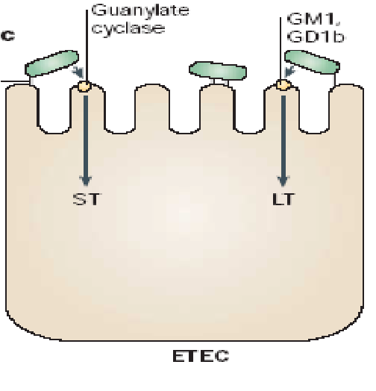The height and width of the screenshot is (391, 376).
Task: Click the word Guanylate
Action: pyautogui.click(x=140, y=11)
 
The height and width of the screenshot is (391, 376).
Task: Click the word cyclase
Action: pyautogui.click(x=128, y=28)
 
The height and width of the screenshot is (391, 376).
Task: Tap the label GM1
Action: pyautogui.click(x=313, y=19)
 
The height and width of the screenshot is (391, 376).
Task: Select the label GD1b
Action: pyautogui.click(x=316, y=37)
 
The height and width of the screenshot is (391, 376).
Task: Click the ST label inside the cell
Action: pyautogui.click(x=87, y=198)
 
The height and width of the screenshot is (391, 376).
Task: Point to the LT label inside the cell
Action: pyautogui.click(x=283, y=198)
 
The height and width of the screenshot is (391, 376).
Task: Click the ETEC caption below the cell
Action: pyautogui.click(x=201, y=356)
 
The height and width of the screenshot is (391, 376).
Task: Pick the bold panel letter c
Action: pyautogui.click(x=7, y=36)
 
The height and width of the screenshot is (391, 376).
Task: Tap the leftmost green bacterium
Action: pyautogui.click(x=51, y=63)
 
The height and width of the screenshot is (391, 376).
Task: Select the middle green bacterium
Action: pyautogui.click(x=218, y=71)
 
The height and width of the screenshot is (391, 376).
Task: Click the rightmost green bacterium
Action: pyautogui.click(x=312, y=62)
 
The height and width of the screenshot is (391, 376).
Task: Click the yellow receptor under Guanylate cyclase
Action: pyautogui.click(x=84, y=86)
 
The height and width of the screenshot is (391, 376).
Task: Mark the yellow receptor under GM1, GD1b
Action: pyautogui.click(x=283, y=85)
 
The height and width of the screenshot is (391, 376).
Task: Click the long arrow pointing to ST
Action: pyautogui.click(x=86, y=141)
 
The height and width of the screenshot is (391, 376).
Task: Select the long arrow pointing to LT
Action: pyautogui.click(x=283, y=141)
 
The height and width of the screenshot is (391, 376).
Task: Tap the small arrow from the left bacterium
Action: pyautogui.click(x=78, y=72)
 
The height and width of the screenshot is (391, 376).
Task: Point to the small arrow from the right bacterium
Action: pyautogui.click(x=290, y=72)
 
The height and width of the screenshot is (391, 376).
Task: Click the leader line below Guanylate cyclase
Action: pyautogui.click(x=87, y=45)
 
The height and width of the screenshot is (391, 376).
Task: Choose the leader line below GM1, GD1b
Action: pyautogui.click(x=281, y=49)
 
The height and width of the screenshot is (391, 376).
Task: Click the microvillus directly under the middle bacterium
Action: pyautogui.click(x=217, y=107)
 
